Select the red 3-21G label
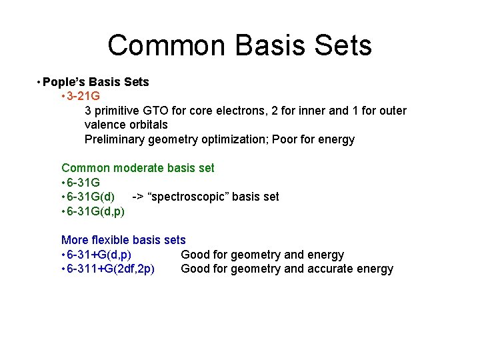point(83,96)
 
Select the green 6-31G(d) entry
point(90,197)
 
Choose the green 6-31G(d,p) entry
point(95,211)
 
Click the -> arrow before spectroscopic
point(139,197)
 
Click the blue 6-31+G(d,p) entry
point(98,255)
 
